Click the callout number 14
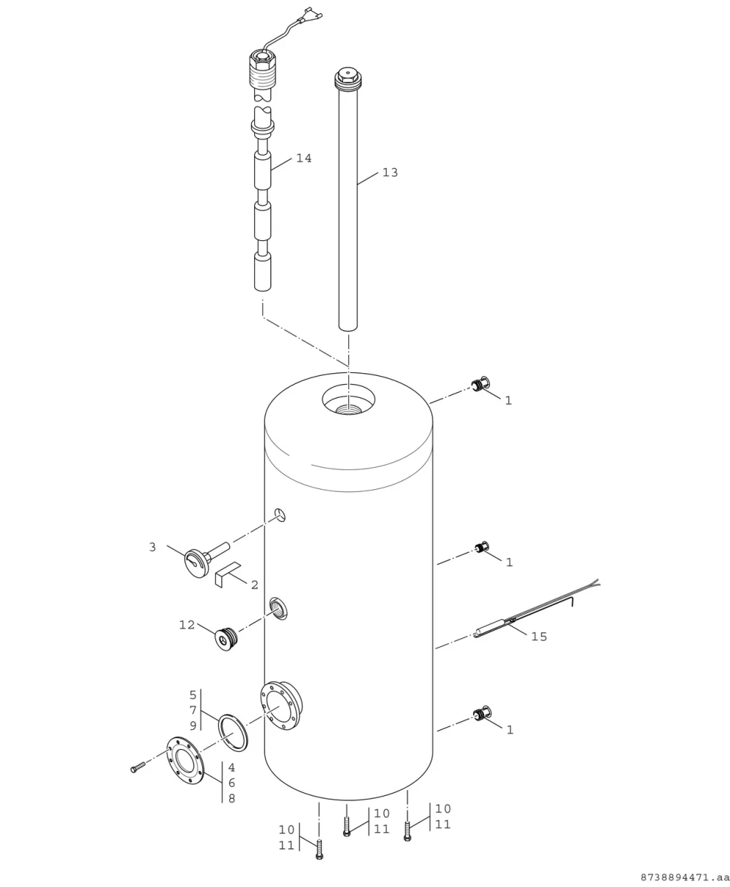[x=304, y=158]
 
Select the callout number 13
[x=390, y=172]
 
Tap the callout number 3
[x=153, y=548]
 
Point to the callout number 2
[x=255, y=585]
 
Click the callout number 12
[x=187, y=625]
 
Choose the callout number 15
[x=539, y=637]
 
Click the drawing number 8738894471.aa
[x=685, y=878]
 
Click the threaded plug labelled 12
[x=226, y=639]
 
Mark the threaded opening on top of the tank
[x=348, y=409]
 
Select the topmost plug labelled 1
[x=480, y=384]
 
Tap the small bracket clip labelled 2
[x=228, y=574]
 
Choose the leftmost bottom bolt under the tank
[x=319, y=849]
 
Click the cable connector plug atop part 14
[x=310, y=15]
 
